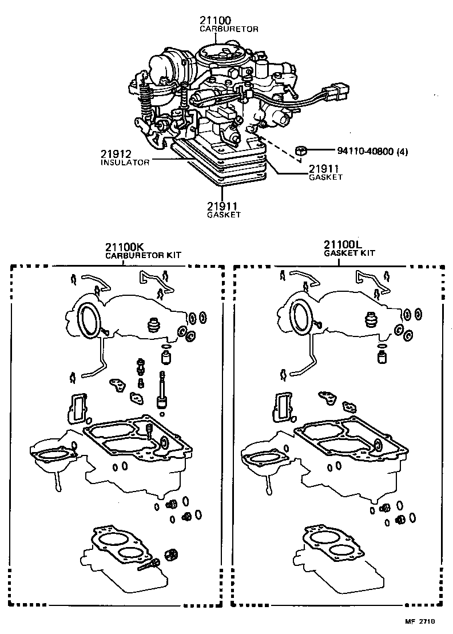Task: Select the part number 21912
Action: point(118,154)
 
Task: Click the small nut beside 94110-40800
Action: point(301,151)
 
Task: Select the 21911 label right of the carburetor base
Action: point(325,169)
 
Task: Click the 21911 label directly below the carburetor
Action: point(223,205)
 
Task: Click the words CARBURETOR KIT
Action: point(143,256)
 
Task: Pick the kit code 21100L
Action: point(341,245)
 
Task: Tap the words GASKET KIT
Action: point(350,253)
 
